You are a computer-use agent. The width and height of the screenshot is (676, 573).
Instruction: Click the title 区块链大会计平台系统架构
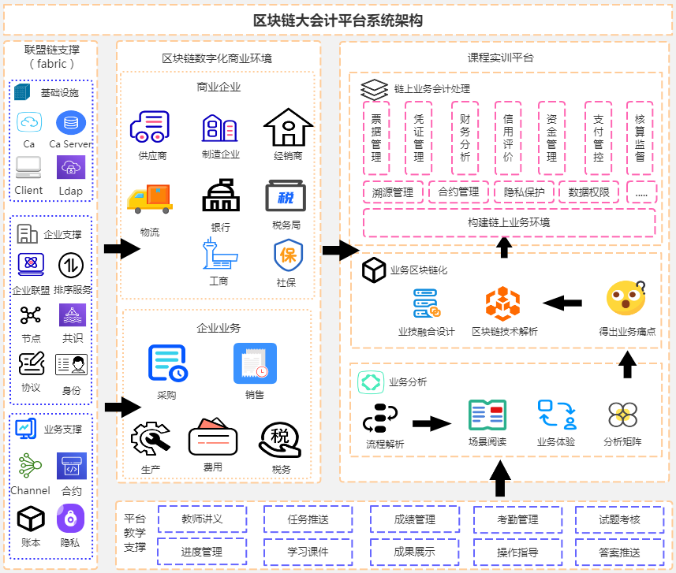(338, 20)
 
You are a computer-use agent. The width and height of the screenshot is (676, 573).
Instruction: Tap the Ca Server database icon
(71, 123)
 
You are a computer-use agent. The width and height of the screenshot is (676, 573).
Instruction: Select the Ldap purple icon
(71, 167)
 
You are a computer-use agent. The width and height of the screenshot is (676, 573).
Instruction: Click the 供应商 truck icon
(151, 128)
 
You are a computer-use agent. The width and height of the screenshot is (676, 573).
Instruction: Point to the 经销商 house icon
(288, 128)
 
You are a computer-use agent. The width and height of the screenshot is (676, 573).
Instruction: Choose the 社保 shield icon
(286, 255)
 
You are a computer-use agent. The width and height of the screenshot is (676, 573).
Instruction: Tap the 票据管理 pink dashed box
(376, 138)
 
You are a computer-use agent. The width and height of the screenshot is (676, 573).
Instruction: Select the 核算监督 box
(639, 138)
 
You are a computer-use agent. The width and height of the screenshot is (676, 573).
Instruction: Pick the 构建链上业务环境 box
(509, 222)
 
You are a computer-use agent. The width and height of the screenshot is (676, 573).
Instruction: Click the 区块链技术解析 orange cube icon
(503, 304)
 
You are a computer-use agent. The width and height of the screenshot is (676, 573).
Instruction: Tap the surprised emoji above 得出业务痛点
(626, 299)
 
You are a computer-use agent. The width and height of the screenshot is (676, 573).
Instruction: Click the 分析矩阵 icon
(622, 415)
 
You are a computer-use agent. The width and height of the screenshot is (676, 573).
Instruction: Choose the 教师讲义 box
(203, 519)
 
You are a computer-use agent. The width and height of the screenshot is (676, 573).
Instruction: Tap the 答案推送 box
(619, 552)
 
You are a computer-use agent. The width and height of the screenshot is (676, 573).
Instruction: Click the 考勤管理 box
(517, 519)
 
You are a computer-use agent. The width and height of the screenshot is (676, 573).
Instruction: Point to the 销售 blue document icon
(255, 363)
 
